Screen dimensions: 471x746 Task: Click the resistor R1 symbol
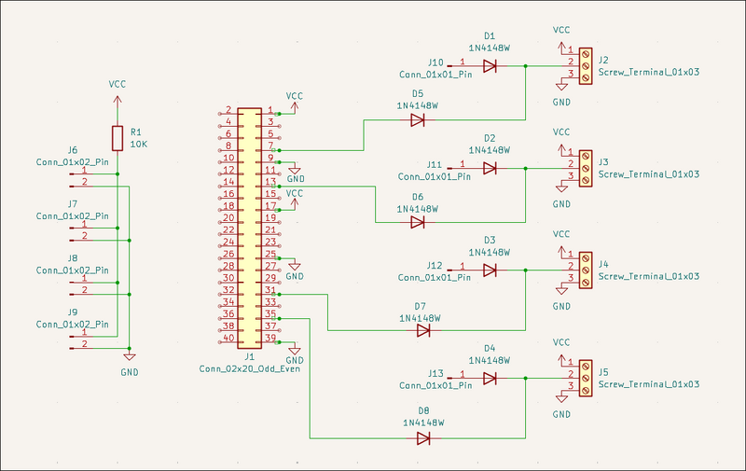point(117,138)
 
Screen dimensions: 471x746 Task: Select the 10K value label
point(139,145)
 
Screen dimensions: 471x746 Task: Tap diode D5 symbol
point(418,119)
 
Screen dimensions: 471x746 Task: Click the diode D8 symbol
point(423,436)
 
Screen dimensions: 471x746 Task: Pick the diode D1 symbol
point(490,66)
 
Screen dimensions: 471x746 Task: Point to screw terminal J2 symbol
point(586,66)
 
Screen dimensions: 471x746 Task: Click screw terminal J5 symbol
point(586,378)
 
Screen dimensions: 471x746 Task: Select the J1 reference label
point(249,356)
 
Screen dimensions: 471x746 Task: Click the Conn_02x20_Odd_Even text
point(249,368)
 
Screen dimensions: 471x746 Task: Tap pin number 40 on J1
point(228,338)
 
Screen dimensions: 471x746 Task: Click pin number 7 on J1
point(270,146)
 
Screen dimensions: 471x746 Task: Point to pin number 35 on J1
point(270,314)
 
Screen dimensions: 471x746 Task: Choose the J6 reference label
point(73,150)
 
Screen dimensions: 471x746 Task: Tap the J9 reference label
point(73,312)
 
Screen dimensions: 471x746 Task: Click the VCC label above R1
point(117,84)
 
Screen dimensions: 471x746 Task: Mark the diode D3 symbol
point(490,270)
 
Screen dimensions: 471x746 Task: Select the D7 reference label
point(420,306)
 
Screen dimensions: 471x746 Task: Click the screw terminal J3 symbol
point(586,169)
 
